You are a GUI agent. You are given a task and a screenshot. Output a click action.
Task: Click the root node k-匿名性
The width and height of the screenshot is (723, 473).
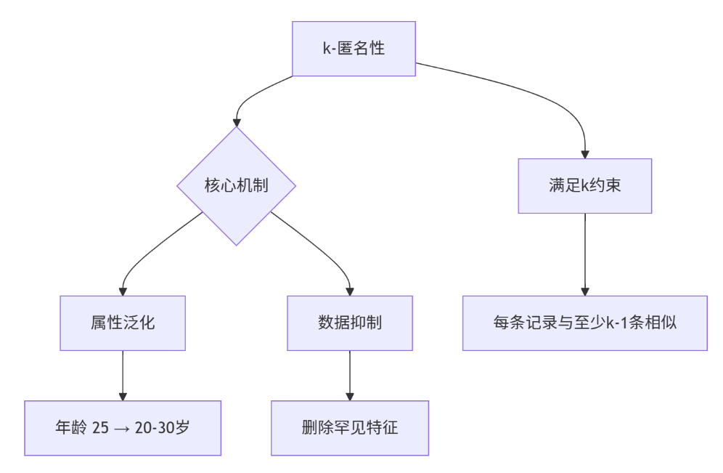(x=354, y=49)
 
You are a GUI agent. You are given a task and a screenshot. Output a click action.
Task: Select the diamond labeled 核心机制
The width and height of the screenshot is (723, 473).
(x=236, y=185)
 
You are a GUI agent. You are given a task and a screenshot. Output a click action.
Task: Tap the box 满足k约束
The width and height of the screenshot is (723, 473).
(x=584, y=185)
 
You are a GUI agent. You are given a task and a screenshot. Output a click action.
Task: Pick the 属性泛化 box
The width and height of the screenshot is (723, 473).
(x=123, y=323)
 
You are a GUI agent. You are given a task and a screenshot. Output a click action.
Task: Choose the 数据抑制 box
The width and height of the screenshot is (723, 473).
(x=350, y=323)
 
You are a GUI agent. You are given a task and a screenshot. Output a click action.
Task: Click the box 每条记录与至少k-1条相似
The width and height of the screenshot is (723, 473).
(x=584, y=323)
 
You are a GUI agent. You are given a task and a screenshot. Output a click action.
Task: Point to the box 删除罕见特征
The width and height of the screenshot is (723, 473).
(x=350, y=428)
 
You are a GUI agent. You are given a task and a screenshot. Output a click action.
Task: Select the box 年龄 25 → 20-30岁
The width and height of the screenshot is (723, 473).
(x=123, y=428)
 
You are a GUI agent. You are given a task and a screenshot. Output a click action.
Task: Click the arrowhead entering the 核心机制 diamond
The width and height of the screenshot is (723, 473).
(x=236, y=122)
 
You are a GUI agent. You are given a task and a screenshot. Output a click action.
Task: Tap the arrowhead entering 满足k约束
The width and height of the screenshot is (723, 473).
(x=584, y=154)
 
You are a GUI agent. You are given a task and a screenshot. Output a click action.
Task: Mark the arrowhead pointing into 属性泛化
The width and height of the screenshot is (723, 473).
(x=123, y=291)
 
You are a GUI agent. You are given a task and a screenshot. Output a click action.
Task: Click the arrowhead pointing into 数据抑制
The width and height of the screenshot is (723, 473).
(x=350, y=291)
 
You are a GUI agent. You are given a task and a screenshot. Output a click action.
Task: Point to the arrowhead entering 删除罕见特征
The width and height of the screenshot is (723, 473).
(x=350, y=396)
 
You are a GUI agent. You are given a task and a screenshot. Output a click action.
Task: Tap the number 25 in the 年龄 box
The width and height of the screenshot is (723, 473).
(x=101, y=429)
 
